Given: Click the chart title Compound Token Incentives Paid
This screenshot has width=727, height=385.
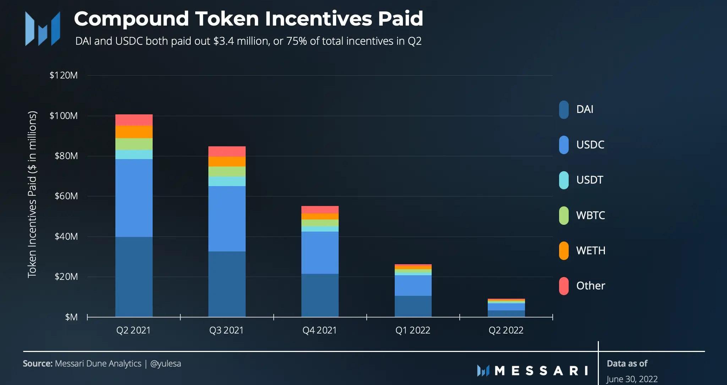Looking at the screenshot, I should pos(248,18).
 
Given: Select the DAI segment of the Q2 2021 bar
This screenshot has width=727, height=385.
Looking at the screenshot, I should pos(134,277).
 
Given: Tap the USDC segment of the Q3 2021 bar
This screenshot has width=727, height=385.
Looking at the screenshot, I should pos(227,218).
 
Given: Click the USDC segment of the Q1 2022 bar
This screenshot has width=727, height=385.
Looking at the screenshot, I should pos(413,285).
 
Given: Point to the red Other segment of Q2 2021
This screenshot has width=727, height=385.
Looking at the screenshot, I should pos(134,120).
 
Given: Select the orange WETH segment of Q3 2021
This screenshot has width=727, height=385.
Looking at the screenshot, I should pos(227,162).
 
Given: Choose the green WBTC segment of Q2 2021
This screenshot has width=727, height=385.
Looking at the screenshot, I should pos(134,144).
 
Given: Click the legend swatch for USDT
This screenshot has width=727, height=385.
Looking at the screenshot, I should pos(564,180).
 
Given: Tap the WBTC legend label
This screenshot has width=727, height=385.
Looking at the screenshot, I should pos(590,215).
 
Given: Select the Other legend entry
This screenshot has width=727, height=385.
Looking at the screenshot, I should pos(590,286).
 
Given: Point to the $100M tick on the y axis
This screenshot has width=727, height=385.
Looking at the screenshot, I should pos(64,116).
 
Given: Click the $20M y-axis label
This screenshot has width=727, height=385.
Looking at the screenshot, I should pos(66,277).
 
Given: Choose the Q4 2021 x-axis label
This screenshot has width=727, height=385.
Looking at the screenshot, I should pos(319,330).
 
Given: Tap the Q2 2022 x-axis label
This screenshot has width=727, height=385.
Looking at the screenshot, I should pos(506,330).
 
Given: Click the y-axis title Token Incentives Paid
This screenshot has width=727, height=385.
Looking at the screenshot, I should pos(32,194).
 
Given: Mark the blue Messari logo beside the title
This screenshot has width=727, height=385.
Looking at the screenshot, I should pos(43,28).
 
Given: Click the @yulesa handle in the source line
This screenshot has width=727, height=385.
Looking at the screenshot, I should pos(165,364).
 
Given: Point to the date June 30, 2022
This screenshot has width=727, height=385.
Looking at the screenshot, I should pos(632,379).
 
